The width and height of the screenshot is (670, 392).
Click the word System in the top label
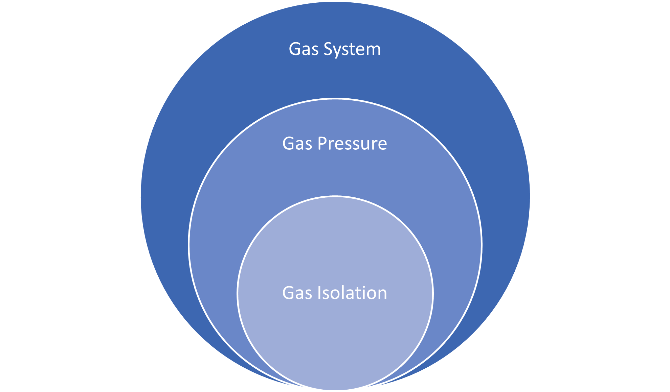(352, 49)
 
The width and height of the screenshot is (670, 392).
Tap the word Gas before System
(304, 49)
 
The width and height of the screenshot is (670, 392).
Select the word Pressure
(352, 144)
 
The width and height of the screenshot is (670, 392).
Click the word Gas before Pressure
(297, 144)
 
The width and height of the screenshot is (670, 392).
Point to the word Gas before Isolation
(297, 293)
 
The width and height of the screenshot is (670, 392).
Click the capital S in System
(329, 49)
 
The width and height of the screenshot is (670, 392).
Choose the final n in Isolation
(381, 294)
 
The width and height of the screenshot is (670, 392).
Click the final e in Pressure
(382, 145)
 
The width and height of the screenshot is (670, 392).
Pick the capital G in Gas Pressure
(288, 144)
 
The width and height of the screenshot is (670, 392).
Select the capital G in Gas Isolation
(288, 293)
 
